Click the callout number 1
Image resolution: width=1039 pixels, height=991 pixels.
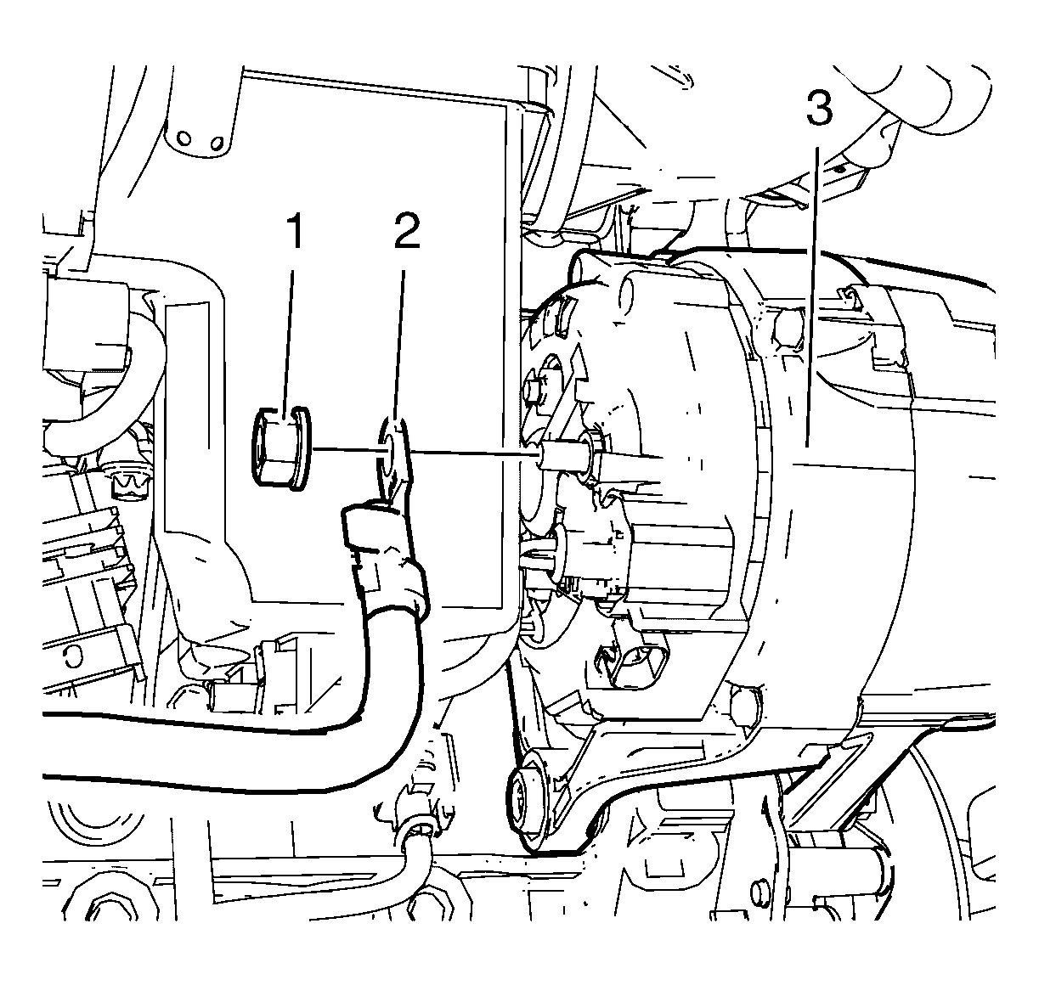point(294,231)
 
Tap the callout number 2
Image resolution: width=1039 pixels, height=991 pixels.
point(407,231)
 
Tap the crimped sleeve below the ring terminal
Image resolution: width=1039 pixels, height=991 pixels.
point(385,560)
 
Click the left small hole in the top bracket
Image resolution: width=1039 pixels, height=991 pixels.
point(184,139)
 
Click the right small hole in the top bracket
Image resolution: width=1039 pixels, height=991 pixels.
point(216,143)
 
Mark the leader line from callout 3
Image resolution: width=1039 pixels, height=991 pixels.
point(813,296)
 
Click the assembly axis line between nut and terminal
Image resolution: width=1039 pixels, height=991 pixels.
point(348,450)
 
